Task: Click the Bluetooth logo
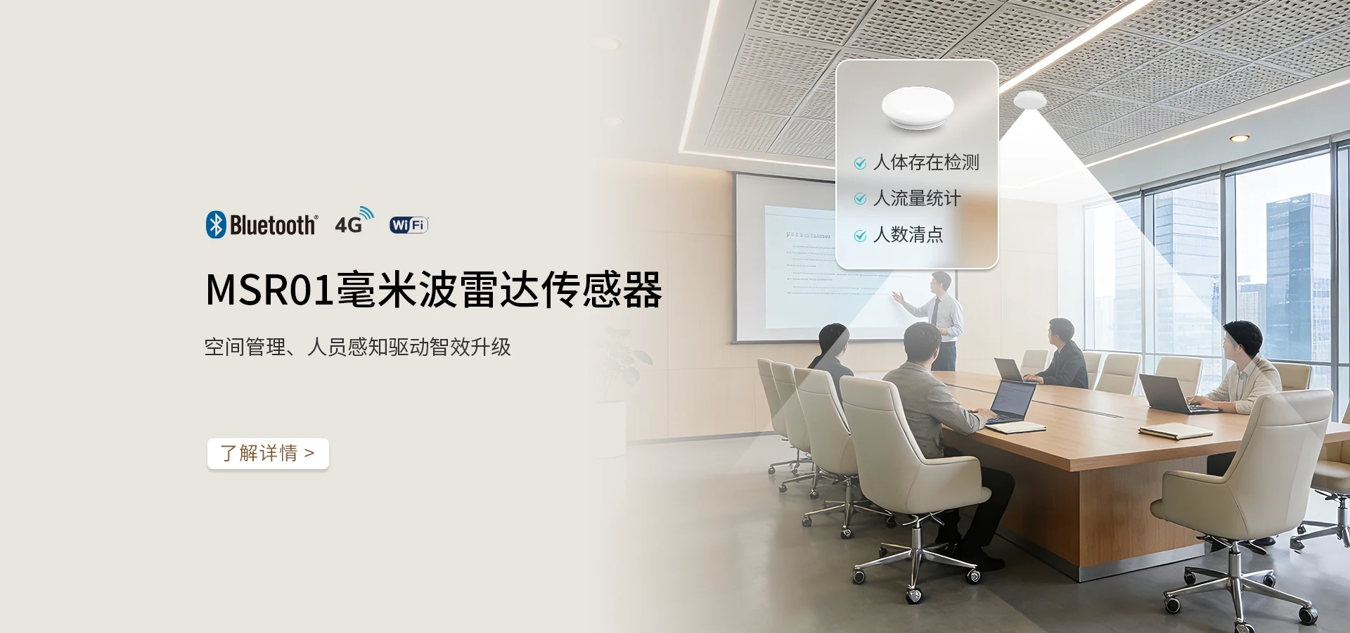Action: point(262,225)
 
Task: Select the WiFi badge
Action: point(409,225)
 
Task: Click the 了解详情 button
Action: point(268,454)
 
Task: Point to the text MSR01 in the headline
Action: point(269,290)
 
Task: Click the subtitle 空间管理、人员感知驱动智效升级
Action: point(357,347)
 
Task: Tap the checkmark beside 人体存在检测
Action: point(860,164)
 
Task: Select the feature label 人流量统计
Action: point(916,199)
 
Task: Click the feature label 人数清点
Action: point(908,235)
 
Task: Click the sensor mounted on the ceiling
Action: point(1029,101)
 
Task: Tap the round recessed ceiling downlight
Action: point(1239,139)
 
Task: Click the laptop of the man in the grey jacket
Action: point(1012,401)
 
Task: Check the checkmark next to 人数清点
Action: point(860,236)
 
